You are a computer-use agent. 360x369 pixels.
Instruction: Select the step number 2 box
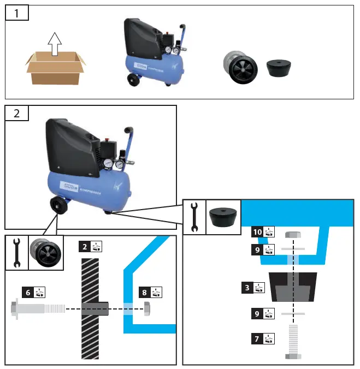[x=17, y=113]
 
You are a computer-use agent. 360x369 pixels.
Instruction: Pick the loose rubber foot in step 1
[x=279, y=69]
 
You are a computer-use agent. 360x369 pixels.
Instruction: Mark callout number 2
[x=84, y=246]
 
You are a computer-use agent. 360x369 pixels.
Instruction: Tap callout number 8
[x=144, y=292]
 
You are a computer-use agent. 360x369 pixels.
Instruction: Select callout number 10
[x=257, y=232]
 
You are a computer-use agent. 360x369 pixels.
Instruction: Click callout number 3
[x=247, y=287]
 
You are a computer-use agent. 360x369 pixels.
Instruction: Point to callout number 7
[x=257, y=339]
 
